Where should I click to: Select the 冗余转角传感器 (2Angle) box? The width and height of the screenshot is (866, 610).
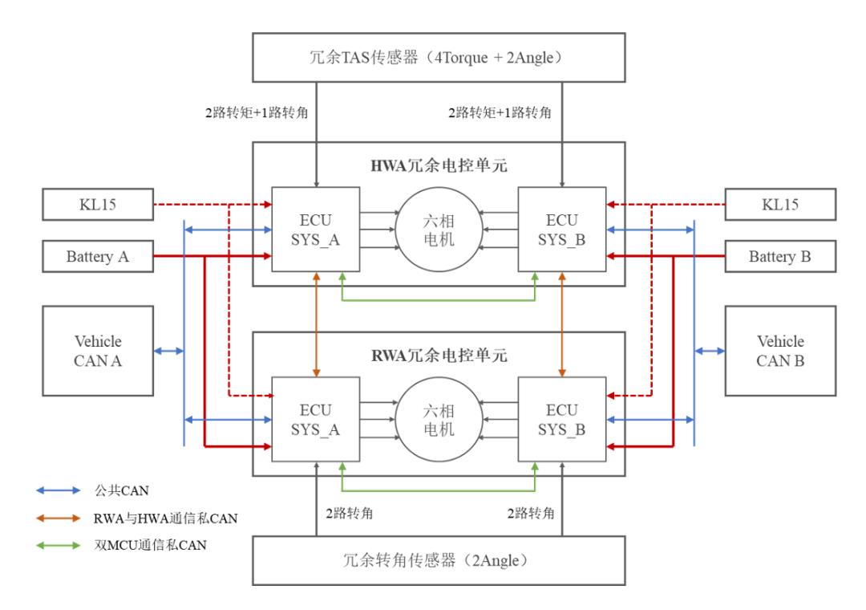438,559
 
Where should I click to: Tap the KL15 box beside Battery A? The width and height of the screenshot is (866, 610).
97,204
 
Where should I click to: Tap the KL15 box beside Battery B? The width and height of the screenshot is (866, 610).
779,204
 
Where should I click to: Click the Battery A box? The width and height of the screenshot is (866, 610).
97,257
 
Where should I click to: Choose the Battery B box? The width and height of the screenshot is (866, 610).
779,257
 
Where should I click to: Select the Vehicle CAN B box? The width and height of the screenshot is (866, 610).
779,351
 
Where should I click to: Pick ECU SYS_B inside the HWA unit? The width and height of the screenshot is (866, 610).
562,229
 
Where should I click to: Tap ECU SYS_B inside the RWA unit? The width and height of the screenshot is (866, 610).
562,418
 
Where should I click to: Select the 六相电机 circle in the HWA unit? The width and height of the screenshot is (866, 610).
438,229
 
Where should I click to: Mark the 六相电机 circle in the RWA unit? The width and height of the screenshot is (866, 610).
438,418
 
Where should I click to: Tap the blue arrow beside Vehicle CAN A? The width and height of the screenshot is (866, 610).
168,351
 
